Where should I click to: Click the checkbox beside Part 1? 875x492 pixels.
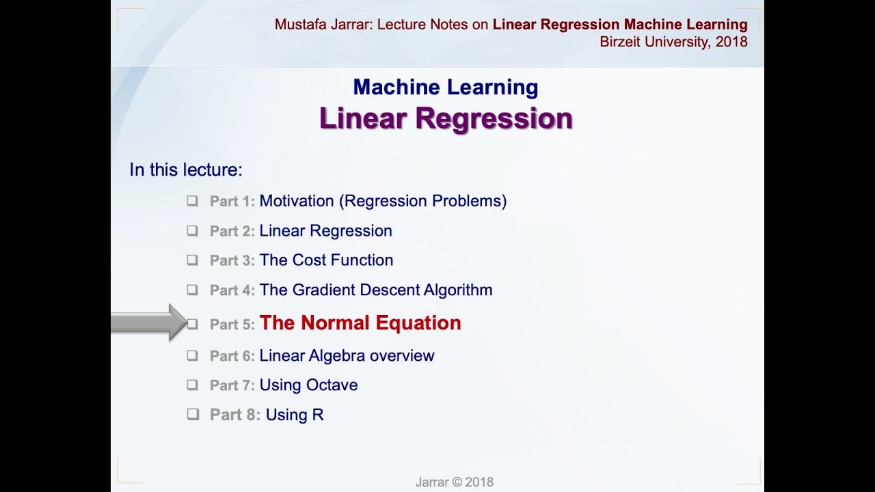(x=192, y=201)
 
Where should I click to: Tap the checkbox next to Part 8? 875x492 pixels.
(x=193, y=414)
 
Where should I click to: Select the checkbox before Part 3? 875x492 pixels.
(x=192, y=260)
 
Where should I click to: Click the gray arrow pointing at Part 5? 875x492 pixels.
(x=149, y=323)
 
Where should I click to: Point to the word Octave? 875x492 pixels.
(x=332, y=385)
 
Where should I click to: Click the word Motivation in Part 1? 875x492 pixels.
(x=297, y=201)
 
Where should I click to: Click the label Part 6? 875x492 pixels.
(x=232, y=356)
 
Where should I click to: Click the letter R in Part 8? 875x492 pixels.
(x=318, y=415)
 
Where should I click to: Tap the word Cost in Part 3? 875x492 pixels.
(x=309, y=260)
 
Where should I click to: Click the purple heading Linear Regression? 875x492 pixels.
(x=446, y=118)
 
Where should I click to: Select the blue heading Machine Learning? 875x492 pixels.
(x=446, y=87)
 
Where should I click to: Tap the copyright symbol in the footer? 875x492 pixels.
(x=457, y=482)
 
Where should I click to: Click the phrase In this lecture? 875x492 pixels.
(x=186, y=169)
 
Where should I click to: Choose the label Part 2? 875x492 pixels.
(x=232, y=231)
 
